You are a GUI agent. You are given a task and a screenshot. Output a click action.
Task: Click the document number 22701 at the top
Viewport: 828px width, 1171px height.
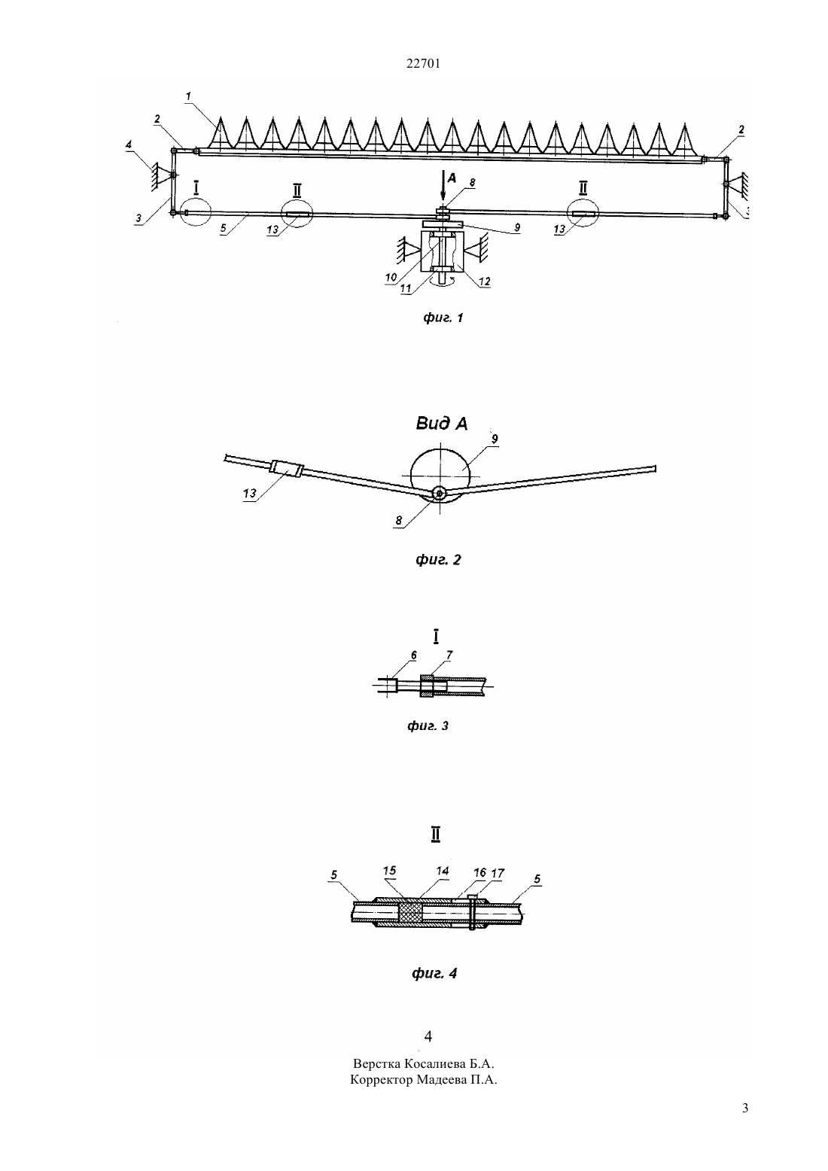423,64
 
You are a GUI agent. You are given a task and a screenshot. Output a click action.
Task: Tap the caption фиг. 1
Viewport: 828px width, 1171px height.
443,318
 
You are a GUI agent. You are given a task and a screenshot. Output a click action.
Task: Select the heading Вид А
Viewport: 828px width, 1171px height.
442,424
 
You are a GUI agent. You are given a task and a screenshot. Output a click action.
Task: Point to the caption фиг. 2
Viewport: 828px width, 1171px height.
438,560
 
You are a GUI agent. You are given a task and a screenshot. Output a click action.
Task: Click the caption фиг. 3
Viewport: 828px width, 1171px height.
428,725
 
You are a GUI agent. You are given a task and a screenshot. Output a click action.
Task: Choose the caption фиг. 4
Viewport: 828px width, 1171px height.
434,973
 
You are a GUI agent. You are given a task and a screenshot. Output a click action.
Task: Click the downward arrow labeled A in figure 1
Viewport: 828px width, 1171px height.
443,186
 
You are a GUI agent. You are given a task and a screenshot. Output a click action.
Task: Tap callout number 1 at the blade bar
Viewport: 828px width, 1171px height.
188,96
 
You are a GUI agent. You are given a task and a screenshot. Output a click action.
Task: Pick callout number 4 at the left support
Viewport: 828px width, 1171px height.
129,144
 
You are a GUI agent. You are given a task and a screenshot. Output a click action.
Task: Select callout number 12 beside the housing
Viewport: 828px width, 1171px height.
485,281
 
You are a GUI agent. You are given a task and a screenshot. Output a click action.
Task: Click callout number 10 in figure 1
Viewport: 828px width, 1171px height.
391,278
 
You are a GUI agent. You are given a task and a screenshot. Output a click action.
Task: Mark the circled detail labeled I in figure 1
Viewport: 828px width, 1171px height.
196,211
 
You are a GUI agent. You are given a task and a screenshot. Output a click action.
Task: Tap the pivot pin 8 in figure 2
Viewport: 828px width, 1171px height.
440,493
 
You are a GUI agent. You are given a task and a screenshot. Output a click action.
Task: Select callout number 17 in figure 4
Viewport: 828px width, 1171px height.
498,873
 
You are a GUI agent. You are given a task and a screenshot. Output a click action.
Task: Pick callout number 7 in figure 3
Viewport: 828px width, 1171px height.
449,655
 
